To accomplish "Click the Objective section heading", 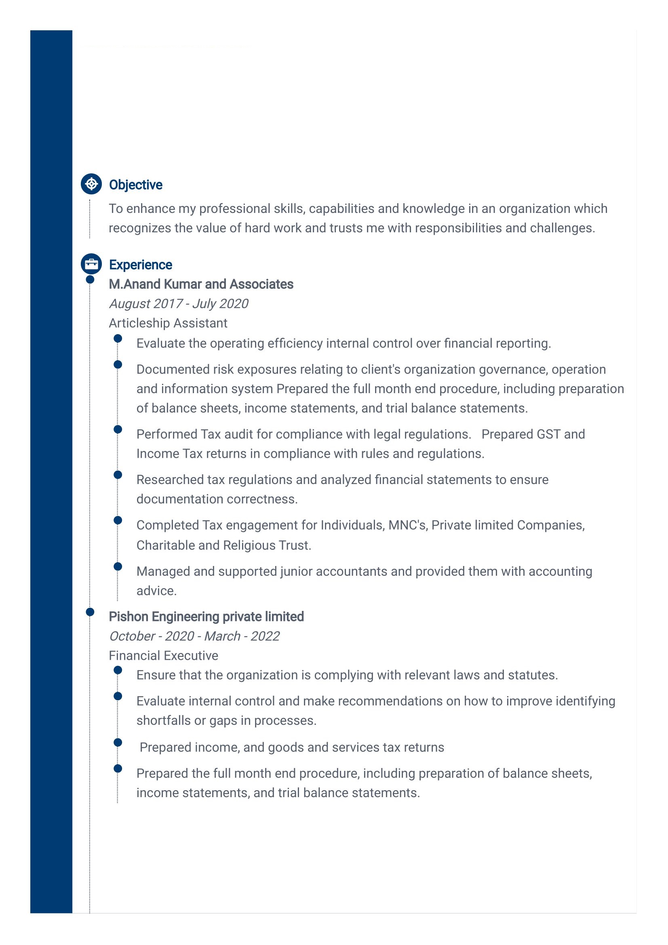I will click(x=135, y=185).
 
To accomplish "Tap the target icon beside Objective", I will click(x=91, y=184).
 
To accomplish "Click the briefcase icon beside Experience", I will click(x=91, y=264).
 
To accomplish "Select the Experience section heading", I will click(x=140, y=265).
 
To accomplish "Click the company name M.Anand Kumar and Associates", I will click(x=201, y=284).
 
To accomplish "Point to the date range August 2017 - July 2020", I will click(x=179, y=304).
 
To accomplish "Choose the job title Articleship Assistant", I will click(x=168, y=323).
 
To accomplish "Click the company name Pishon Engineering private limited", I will click(x=206, y=617).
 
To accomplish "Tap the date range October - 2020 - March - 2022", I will click(x=194, y=636).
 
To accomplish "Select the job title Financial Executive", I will click(x=163, y=655).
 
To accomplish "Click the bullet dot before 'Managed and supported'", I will click(x=118, y=566).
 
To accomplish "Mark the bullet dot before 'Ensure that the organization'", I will click(x=118, y=670).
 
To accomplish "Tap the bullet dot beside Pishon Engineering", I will click(x=90, y=612).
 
